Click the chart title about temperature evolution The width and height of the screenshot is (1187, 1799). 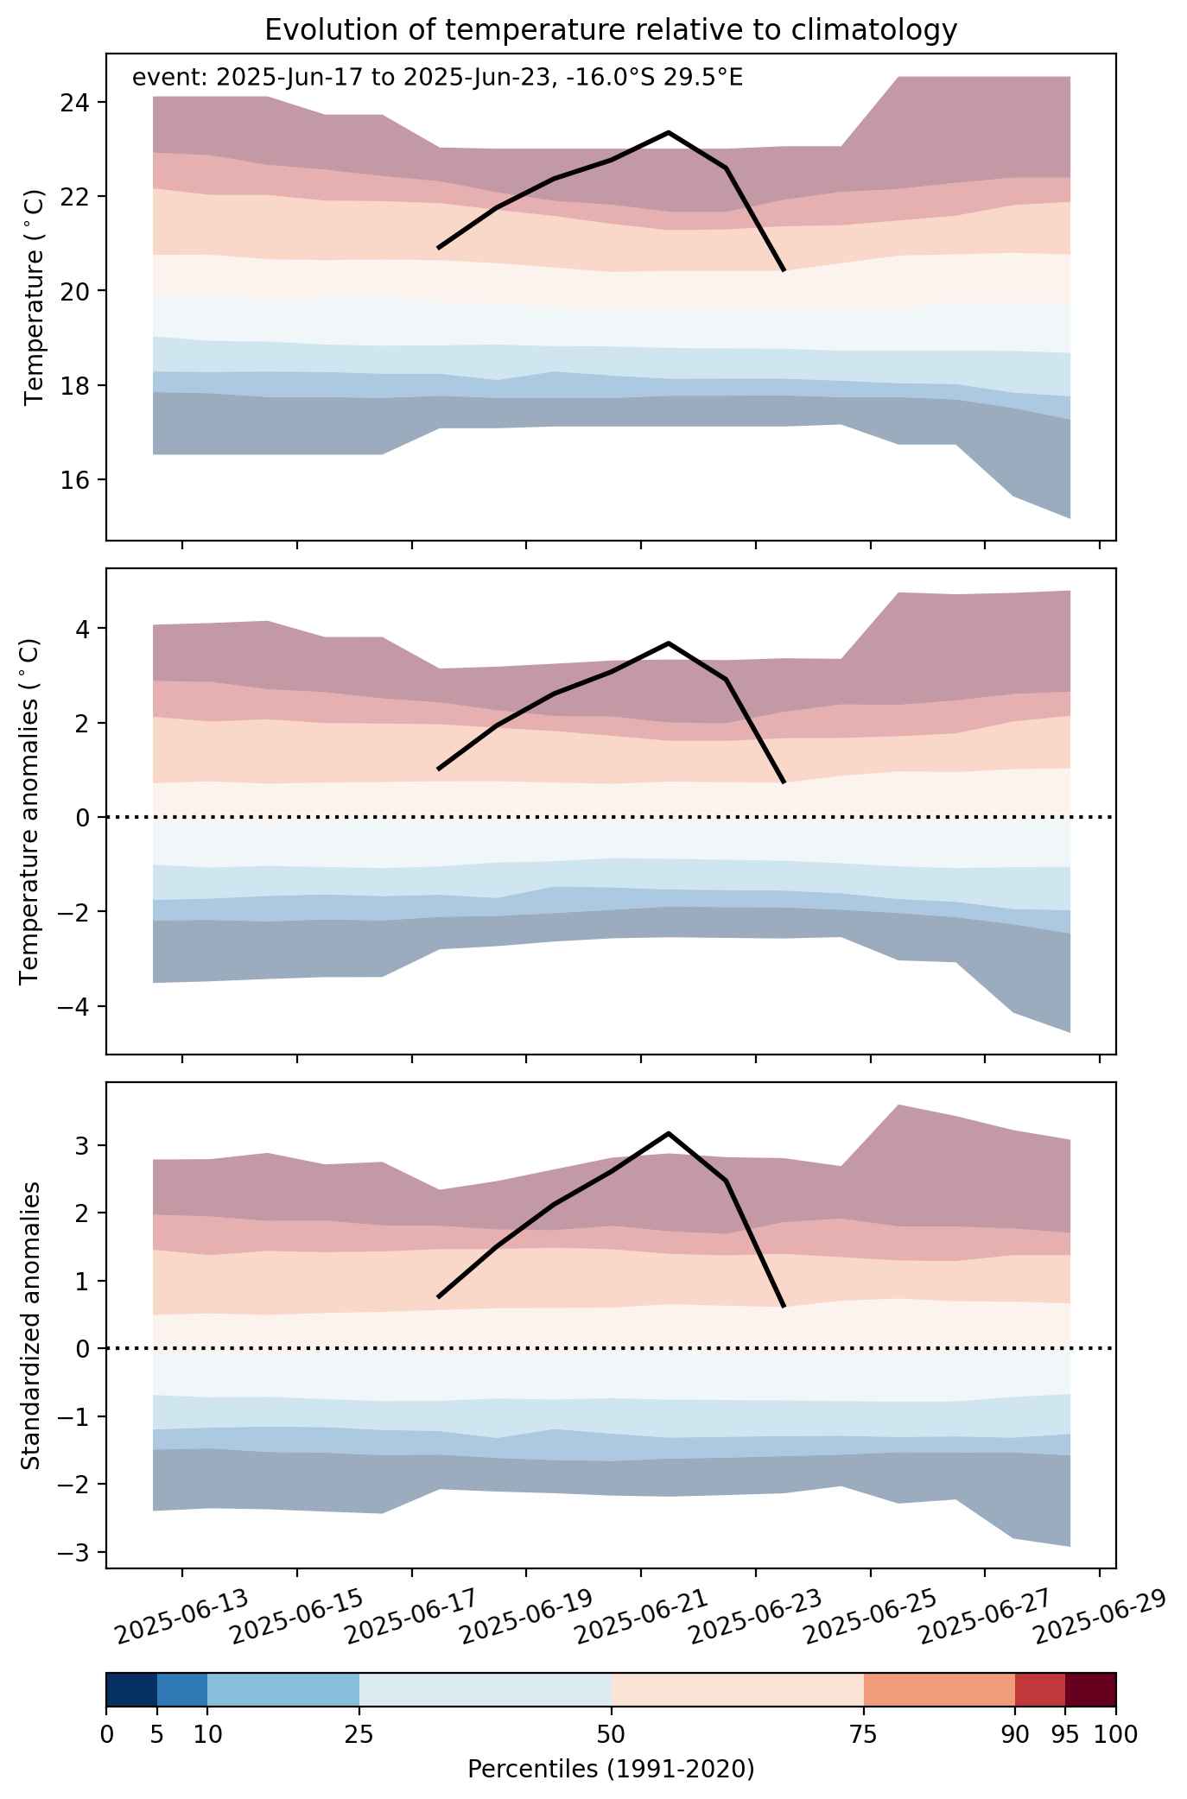coord(611,30)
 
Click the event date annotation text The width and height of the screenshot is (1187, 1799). coord(437,79)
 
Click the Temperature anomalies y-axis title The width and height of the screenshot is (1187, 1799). coord(29,811)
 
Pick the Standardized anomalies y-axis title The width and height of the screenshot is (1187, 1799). coord(30,1325)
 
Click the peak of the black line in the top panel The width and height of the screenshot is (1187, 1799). coord(668,132)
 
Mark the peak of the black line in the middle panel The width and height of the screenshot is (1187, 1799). coord(668,643)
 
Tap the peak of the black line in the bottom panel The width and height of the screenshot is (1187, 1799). coord(668,1133)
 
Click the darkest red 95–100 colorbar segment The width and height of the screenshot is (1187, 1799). coord(1090,1690)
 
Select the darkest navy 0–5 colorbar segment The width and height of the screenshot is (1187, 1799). coord(131,1690)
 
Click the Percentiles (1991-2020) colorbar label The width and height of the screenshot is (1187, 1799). coord(611,1769)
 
